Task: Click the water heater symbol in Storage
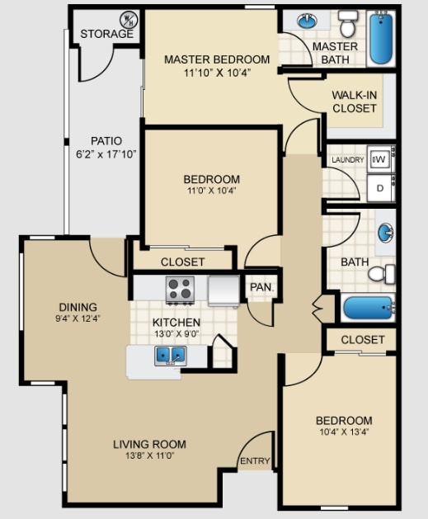[x=129, y=20]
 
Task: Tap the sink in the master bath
[x=308, y=21]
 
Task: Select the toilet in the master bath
[x=348, y=24]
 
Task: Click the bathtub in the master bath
[x=381, y=37]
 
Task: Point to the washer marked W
[x=379, y=160]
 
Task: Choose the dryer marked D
[x=379, y=188]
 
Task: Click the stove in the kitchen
[x=180, y=290]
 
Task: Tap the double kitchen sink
[x=171, y=356]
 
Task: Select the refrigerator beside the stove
[x=223, y=290]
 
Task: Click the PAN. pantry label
[x=262, y=287]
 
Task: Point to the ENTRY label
[x=255, y=460]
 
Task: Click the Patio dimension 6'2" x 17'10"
[x=106, y=154]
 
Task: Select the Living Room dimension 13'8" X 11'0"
[x=150, y=455]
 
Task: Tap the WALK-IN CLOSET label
[x=355, y=101]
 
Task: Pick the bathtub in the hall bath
[x=368, y=308]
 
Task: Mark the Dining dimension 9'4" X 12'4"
[x=78, y=318]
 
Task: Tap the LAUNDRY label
[x=348, y=160]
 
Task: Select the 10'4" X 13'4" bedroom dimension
[x=345, y=432]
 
